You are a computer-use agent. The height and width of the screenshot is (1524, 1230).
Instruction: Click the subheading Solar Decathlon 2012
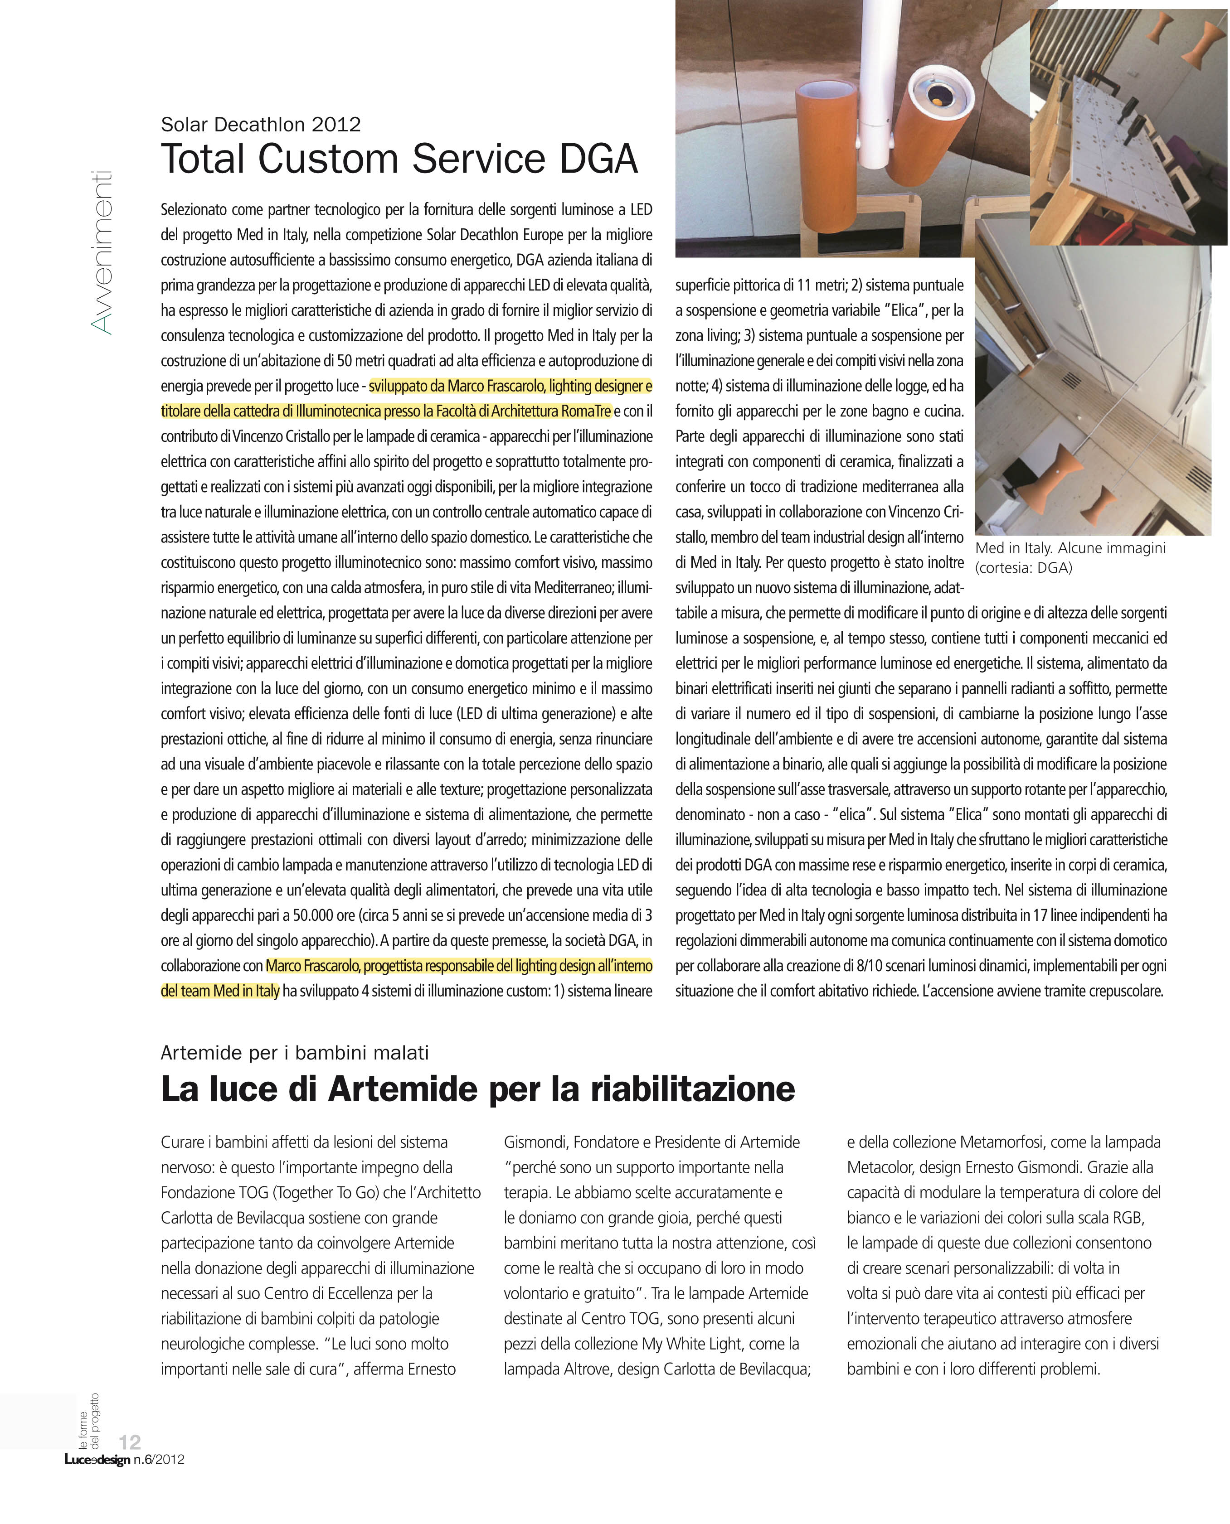tap(261, 125)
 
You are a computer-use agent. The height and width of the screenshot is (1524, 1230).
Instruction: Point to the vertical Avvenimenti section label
tap(101, 252)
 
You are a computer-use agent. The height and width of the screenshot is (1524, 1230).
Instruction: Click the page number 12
tap(130, 1441)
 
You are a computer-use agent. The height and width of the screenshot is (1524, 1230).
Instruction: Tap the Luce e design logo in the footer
tap(97, 1460)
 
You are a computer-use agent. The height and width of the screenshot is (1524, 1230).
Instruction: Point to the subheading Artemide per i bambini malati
tap(295, 1052)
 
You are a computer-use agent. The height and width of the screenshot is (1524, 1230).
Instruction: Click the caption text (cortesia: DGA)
tap(1023, 567)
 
